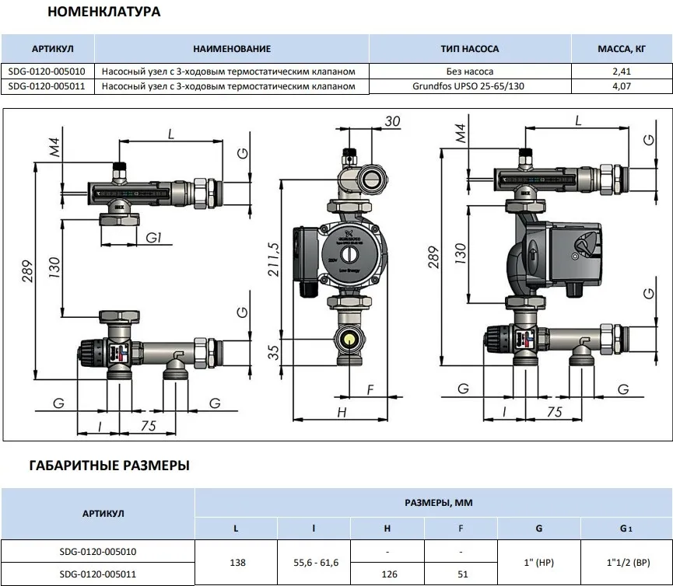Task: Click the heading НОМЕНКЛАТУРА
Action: pyautogui.click(x=105, y=12)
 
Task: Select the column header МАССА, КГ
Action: pyautogui.click(x=622, y=48)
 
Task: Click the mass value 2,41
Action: pyautogui.click(x=622, y=72)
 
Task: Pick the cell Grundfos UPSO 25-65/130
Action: pyautogui.click(x=469, y=86)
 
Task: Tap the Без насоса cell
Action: pyautogui.click(x=469, y=72)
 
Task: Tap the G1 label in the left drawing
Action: pyautogui.click(x=153, y=236)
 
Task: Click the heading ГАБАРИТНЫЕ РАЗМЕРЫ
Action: pyautogui.click(x=109, y=466)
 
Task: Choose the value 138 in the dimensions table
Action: pyautogui.click(x=236, y=563)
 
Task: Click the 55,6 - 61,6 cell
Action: pyautogui.click(x=314, y=563)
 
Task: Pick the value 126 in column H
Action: pyautogui.click(x=387, y=574)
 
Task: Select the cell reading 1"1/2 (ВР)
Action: pyautogui.click(x=626, y=563)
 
